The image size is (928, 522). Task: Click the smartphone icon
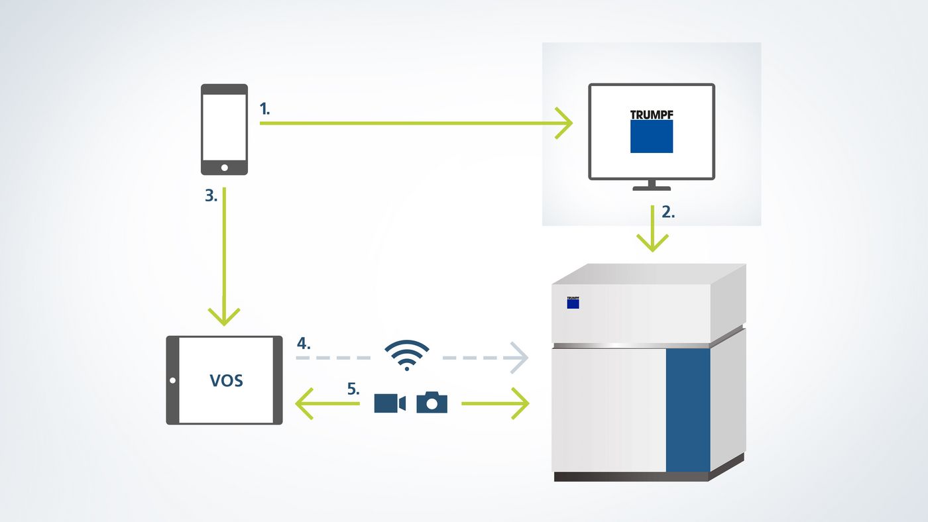tap(224, 129)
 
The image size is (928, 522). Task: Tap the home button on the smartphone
tap(224, 166)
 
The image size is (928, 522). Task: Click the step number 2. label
tap(668, 213)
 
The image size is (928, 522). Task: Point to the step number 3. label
tap(211, 197)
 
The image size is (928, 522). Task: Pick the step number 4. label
tap(304, 344)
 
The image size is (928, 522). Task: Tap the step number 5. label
tap(353, 390)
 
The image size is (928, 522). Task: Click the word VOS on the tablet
tap(226, 381)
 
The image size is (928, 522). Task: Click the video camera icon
tap(390, 403)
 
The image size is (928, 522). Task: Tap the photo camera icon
tap(432, 402)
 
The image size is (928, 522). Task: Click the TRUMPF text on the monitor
tap(652, 114)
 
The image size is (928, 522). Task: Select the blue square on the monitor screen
tap(652, 136)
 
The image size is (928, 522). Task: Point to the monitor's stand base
tap(652, 188)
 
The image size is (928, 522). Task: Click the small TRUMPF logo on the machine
tap(573, 302)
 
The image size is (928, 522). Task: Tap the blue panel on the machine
tap(687, 409)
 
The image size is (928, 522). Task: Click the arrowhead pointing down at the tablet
tap(224, 315)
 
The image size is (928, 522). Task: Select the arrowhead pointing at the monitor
tap(564, 123)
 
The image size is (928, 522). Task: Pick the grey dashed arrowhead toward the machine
tap(520, 358)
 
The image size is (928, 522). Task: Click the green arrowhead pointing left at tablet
tap(304, 403)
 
